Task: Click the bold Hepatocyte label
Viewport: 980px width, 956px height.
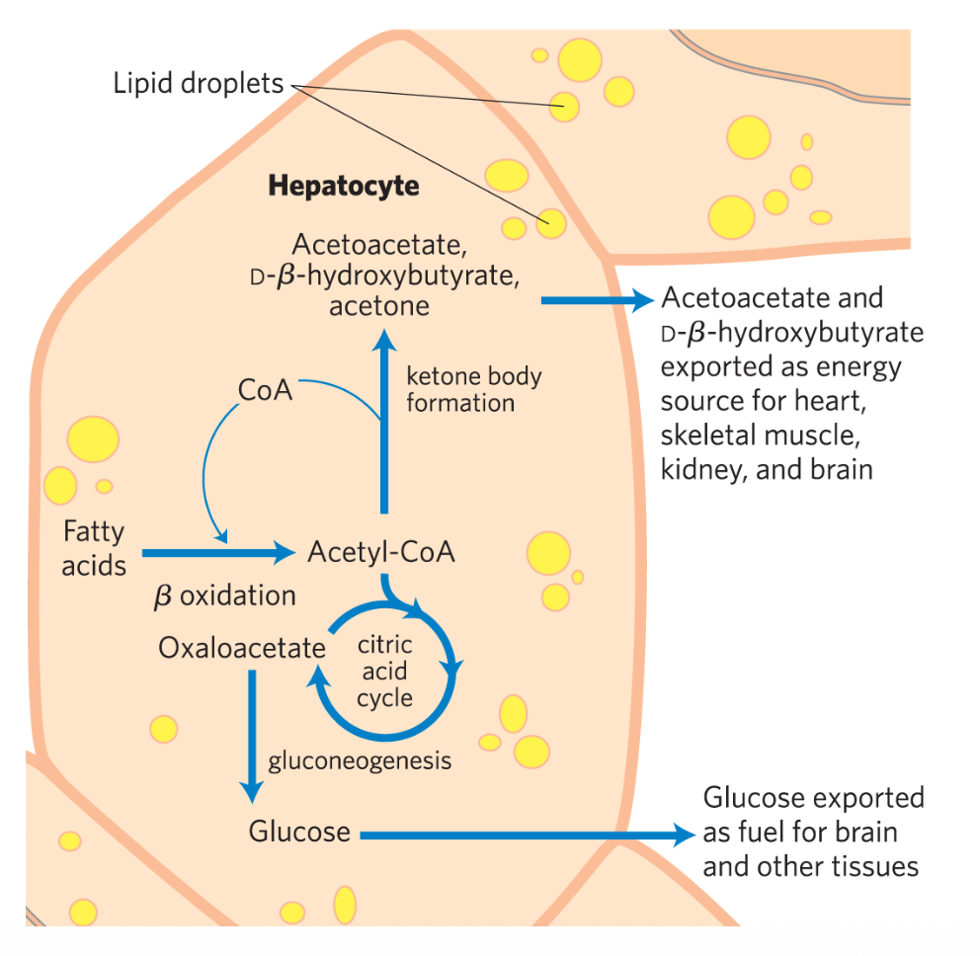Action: pos(344,186)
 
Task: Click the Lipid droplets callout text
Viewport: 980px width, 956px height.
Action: pos(198,84)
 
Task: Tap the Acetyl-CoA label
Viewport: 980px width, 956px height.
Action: pos(381,552)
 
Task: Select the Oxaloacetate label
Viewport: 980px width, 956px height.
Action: pos(242,649)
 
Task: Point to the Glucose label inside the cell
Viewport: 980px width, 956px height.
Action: pos(299,832)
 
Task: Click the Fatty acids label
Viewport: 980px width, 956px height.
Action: pos(94,548)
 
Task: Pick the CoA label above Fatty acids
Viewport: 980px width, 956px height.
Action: pos(266,391)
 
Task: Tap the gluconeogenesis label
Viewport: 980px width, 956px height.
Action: pos(360,760)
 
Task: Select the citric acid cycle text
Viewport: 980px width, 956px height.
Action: pos(385,672)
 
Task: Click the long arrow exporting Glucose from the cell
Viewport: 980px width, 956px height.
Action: pos(524,836)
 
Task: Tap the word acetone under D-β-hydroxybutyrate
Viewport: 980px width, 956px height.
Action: pos(379,306)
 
